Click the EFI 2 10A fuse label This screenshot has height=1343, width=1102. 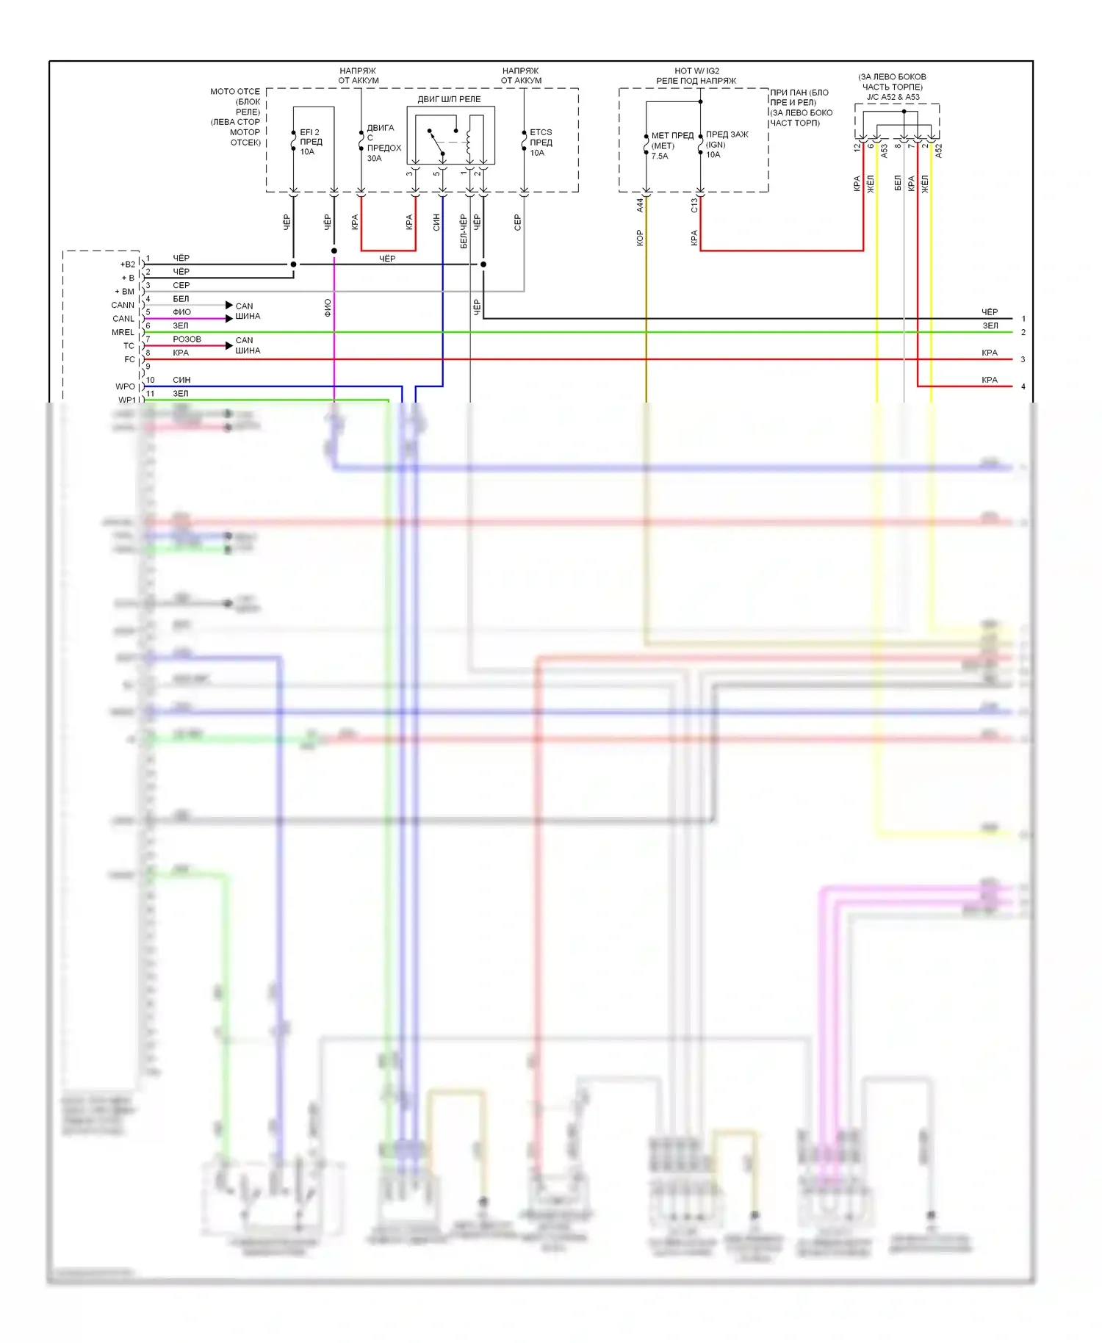310,142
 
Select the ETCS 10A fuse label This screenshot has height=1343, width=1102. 541,143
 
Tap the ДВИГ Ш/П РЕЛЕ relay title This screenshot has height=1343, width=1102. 449,99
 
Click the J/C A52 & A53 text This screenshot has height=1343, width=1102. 893,97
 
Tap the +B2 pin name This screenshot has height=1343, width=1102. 128,264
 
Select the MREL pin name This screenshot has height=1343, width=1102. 123,332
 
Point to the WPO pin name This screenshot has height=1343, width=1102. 125,386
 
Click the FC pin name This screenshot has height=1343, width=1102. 129,359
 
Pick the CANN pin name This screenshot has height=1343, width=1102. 123,305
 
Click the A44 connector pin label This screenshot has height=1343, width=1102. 640,205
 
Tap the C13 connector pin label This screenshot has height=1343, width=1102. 694,205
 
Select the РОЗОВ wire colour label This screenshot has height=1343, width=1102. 187,339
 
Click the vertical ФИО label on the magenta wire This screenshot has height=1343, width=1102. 328,308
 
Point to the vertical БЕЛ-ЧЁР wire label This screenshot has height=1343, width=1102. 463,231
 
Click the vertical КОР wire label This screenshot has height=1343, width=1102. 640,237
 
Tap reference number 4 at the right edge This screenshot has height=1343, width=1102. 1023,386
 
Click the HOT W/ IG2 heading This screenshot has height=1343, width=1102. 696,71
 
